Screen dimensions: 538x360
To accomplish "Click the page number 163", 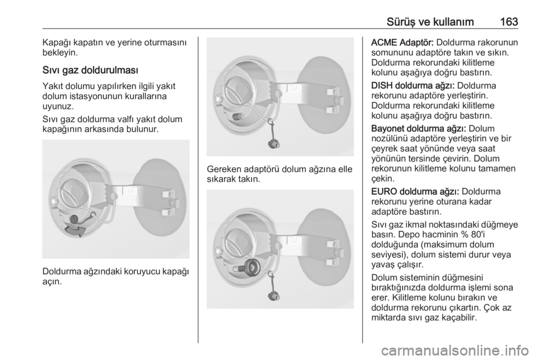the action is point(508,22).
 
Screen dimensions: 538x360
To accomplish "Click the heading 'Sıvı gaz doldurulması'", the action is point(91,70).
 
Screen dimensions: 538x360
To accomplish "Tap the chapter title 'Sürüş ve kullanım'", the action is point(430,22).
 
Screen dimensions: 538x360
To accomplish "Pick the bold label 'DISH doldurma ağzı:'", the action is point(413,85).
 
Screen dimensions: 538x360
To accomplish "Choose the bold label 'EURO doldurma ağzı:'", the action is point(418,192).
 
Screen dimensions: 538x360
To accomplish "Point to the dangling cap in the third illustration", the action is point(273,294).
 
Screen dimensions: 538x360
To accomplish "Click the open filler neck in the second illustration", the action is point(236,117).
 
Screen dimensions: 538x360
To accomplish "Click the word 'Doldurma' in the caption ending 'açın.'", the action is point(62,271).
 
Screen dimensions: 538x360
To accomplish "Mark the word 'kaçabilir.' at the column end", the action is point(454,317).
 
